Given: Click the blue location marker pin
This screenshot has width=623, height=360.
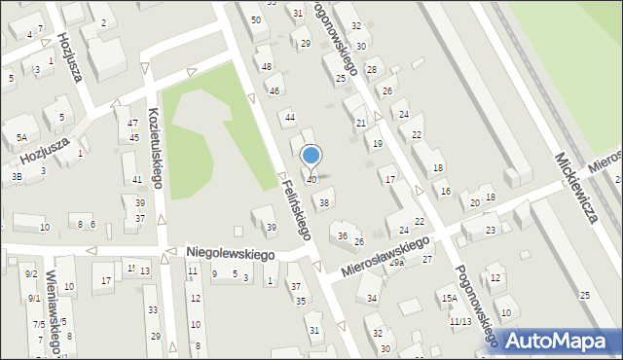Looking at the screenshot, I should click(311, 157).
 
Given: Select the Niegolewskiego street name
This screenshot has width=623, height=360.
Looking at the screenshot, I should click(230, 253).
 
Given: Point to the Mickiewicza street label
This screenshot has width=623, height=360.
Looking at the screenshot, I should click(576, 185).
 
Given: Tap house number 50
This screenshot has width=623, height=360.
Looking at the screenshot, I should click(255, 19).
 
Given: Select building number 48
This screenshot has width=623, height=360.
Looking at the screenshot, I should click(267, 66).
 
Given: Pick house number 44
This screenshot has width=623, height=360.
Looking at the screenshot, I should click(289, 118).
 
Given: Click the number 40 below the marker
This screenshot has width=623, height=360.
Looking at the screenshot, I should click(311, 180).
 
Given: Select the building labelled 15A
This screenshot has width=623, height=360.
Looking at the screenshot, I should click(449, 299).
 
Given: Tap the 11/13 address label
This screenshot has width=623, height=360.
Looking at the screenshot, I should click(459, 321).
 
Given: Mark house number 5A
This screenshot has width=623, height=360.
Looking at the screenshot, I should click(20, 138).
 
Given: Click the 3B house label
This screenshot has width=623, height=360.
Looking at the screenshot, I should click(18, 177).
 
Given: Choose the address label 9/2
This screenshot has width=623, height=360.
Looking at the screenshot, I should click(31, 274).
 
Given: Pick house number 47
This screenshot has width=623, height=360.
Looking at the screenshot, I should click(132, 124).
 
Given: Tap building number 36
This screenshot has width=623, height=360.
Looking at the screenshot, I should click(342, 235).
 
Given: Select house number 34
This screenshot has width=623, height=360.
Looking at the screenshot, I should click(372, 298).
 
